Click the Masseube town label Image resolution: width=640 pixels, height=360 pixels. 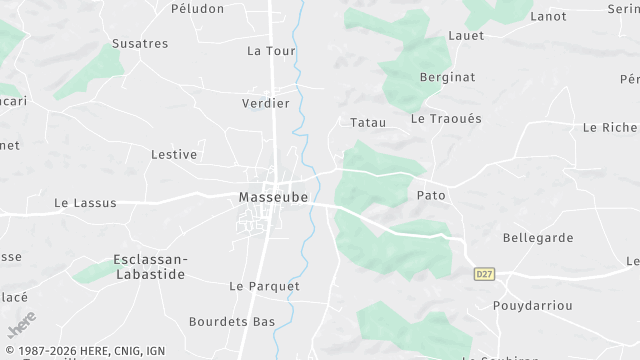272,198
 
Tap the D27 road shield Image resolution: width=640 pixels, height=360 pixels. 484,272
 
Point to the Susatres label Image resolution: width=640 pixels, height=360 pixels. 140,44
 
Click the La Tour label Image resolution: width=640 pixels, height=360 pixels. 271,51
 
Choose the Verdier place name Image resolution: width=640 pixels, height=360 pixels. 266,103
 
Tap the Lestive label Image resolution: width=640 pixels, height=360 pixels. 173,155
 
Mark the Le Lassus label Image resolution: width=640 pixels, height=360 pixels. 85,203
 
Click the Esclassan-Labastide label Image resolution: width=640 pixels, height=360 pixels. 149,266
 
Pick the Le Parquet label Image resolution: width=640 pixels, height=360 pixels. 264,286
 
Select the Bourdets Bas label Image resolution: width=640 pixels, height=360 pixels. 232,322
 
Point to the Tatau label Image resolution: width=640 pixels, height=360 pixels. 368,122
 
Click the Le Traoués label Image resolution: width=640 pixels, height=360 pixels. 446,118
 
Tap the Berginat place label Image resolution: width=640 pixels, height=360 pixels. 447,77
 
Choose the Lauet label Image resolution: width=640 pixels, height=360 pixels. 467,36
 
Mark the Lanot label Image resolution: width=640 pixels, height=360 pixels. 548,16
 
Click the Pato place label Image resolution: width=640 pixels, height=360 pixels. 431,195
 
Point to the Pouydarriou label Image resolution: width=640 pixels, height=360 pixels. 532,305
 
